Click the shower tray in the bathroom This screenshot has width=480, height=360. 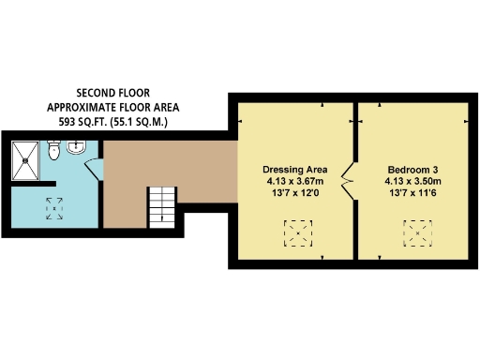(27, 156)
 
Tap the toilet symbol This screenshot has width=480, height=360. (54, 149)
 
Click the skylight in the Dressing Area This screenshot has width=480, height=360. (300, 232)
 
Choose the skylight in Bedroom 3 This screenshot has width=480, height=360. (418, 231)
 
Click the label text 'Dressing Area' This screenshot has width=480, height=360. (292, 170)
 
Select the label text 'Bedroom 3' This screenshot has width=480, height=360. (412, 170)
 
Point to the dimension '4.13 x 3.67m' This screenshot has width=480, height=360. (292, 181)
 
